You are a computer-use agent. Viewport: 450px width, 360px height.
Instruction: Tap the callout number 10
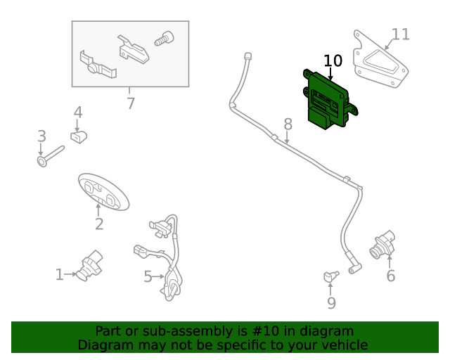click(333, 60)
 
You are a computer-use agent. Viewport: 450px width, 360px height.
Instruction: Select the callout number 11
click(400, 34)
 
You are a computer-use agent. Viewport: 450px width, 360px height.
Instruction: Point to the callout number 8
click(288, 124)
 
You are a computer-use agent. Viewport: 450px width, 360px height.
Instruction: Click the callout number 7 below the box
click(130, 103)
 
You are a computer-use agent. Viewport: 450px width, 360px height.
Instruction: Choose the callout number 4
click(78, 112)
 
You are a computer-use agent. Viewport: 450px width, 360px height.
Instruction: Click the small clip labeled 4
click(77, 136)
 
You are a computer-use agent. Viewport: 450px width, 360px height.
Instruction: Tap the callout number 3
click(41, 136)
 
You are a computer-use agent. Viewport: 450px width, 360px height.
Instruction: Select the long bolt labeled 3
click(51, 155)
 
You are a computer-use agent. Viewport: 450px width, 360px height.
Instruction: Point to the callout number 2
click(99, 224)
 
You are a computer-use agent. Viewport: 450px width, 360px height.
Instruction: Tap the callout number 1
click(60, 274)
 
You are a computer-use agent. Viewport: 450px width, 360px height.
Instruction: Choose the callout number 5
click(148, 277)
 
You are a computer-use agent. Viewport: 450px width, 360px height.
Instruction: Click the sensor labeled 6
click(382, 244)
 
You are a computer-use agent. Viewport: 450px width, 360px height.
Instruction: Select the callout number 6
click(390, 276)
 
